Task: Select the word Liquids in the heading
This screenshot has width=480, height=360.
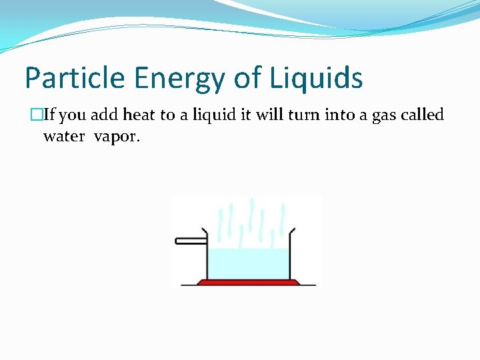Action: click(x=316, y=78)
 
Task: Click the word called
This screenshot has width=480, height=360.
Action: click(x=423, y=115)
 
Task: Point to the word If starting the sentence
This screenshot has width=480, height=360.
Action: click(x=51, y=115)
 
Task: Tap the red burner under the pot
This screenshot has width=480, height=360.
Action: click(x=248, y=282)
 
